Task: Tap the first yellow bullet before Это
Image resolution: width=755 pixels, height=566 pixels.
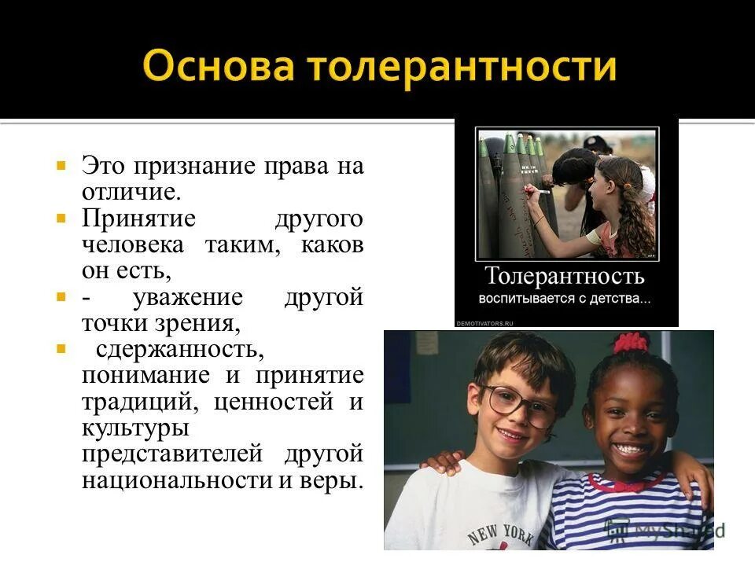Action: tap(60, 166)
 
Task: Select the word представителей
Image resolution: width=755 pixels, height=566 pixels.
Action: tap(173, 454)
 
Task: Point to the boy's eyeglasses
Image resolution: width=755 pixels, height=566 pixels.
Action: tap(518, 405)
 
